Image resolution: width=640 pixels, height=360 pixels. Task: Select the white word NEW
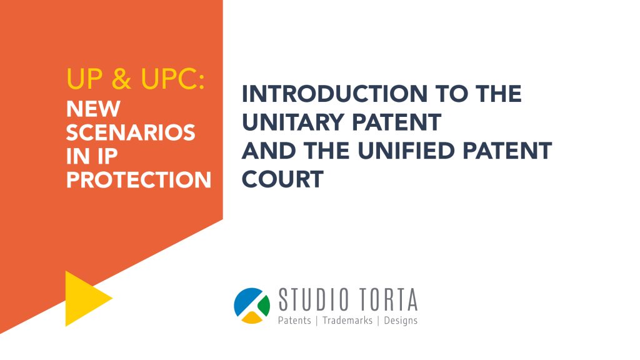click(x=93, y=109)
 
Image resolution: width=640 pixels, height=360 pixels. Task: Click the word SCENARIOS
click(x=131, y=132)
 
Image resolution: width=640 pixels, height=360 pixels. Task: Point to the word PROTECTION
click(x=139, y=179)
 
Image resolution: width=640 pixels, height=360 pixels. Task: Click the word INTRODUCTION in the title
click(x=335, y=94)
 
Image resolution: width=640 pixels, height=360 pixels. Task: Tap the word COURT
click(x=282, y=179)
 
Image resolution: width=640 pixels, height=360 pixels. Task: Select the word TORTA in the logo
click(x=388, y=299)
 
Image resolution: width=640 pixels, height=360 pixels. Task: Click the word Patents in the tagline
click(x=294, y=321)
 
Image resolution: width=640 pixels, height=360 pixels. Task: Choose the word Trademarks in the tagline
click(x=347, y=321)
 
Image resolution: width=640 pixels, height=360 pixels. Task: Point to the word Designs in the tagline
click(x=401, y=321)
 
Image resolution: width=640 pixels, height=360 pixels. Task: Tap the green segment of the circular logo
click(x=263, y=304)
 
